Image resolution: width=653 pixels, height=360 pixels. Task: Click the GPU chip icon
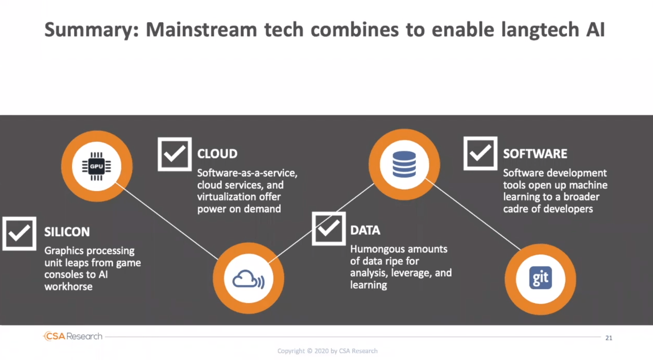click(x=96, y=166)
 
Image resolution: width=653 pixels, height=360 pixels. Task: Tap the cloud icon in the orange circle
click(x=249, y=279)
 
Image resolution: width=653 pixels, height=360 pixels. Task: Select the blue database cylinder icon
click(x=404, y=164)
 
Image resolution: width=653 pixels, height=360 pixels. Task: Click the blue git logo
click(x=541, y=278)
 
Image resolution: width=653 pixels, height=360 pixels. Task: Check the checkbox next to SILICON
click(x=19, y=234)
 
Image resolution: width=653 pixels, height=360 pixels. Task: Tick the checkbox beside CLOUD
click(x=175, y=154)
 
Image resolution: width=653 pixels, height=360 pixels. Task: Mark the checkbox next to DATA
click(x=329, y=228)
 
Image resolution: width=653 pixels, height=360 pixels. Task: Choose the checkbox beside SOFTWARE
click(x=481, y=153)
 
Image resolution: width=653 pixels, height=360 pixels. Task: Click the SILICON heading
click(x=67, y=232)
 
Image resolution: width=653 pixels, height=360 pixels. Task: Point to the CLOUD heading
click(x=217, y=154)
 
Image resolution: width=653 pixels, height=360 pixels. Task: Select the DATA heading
click(x=365, y=231)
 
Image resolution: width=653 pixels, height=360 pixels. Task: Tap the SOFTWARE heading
click(x=535, y=154)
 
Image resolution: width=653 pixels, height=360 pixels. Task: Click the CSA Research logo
click(x=73, y=336)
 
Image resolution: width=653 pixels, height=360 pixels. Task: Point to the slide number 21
click(x=608, y=338)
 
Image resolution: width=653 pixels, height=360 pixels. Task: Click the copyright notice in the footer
click(x=327, y=351)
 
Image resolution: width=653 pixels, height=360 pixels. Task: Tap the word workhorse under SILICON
click(x=68, y=286)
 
